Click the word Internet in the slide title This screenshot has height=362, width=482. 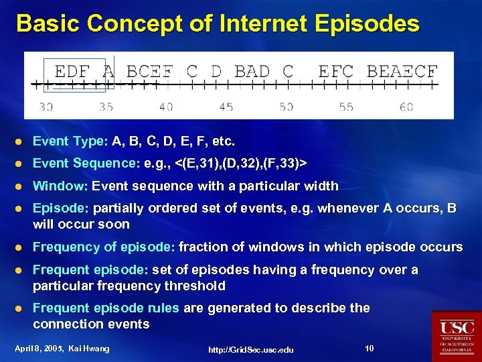(x=256, y=23)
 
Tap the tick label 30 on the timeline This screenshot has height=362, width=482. (x=46, y=107)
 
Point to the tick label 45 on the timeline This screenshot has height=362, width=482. (x=226, y=107)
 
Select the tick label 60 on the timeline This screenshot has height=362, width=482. (x=406, y=107)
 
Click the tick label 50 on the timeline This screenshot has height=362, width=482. (x=287, y=107)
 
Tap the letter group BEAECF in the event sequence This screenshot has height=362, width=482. (x=402, y=70)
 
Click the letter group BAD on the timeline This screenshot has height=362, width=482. (x=252, y=70)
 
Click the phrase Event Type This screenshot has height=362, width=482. (x=69, y=141)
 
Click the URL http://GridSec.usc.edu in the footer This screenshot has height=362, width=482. (x=250, y=349)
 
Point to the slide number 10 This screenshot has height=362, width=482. (x=370, y=348)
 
